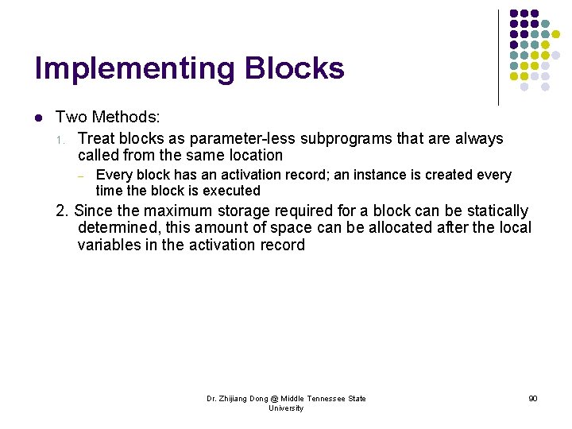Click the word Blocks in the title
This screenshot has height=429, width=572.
[x=295, y=68]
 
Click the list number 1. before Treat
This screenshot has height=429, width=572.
[x=61, y=140]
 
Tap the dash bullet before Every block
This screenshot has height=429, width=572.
[x=81, y=175]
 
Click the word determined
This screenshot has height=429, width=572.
[x=116, y=228]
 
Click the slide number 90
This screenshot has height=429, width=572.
[x=532, y=398]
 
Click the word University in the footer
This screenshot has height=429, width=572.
[x=286, y=408]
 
